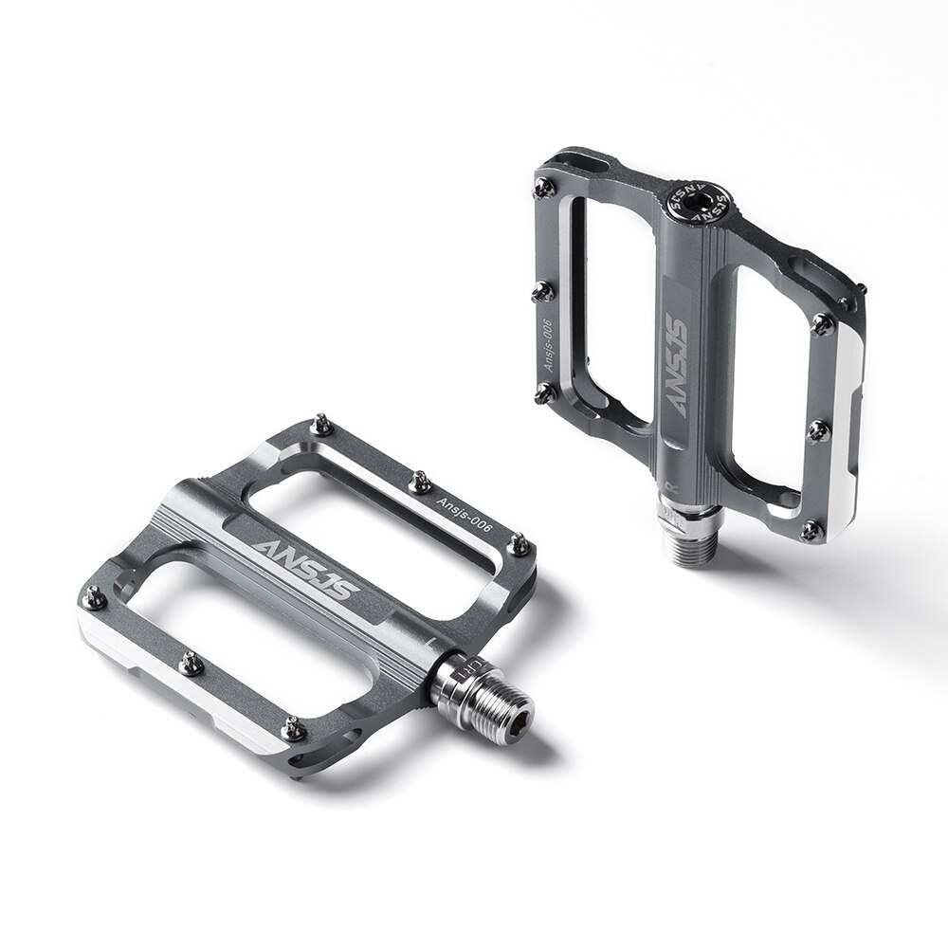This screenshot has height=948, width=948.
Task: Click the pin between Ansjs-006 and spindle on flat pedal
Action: (x=519, y=544)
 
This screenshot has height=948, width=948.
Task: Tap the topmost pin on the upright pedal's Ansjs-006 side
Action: (x=543, y=188)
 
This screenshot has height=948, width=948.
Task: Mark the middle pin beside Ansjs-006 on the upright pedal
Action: (x=542, y=291)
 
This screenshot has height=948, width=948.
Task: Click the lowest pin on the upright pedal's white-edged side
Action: (x=811, y=530)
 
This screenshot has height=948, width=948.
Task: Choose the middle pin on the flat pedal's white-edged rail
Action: (x=191, y=663)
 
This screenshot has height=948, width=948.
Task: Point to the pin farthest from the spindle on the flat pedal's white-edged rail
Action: (x=95, y=597)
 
